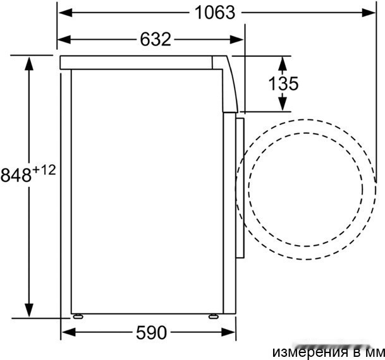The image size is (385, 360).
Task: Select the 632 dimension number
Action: pyautogui.click(x=155, y=39)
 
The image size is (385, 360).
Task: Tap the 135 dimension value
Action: pyautogui.click(x=283, y=83)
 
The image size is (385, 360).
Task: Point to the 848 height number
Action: pyautogui.click(x=16, y=175)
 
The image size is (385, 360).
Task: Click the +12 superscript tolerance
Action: pyautogui.click(x=44, y=169)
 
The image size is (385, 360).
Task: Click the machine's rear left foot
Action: pyautogui.click(x=78, y=315)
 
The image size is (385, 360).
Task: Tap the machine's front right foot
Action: pyautogui.click(x=214, y=315)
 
